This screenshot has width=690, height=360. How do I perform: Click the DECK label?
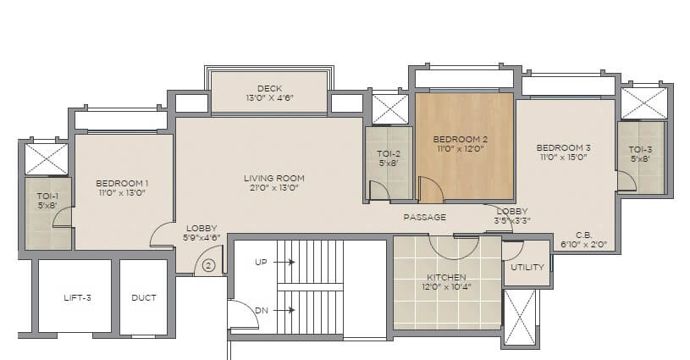click(269, 88)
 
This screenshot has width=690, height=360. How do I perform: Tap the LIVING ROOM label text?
click(273, 178)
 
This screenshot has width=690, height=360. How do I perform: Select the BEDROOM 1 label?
click(122, 183)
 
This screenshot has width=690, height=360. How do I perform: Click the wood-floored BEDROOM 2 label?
click(461, 138)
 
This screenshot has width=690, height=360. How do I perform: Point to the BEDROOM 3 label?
click(563, 147)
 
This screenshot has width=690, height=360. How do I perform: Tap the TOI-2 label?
click(388, 153)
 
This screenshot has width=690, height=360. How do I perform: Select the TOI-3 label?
click(640, 149)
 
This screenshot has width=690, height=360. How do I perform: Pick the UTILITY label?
click(527, 268)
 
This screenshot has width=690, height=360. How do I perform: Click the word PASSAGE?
click(424, 217)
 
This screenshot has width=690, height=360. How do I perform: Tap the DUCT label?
click(142, 297)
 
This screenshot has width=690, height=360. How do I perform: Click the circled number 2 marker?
click(207, 266)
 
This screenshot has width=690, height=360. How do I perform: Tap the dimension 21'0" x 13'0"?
click(273, 188)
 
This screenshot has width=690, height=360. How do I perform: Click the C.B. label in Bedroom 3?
click(582, 235)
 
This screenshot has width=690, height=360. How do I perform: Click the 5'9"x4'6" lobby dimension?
click(202, 238)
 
